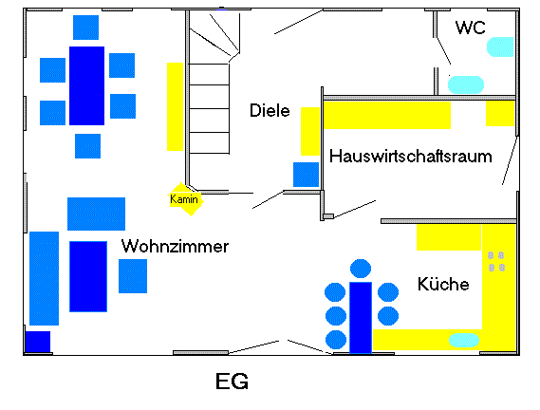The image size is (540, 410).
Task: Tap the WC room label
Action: [471, 28]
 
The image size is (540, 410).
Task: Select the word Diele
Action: [270, 110]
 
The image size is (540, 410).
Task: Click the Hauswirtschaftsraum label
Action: [411, 157]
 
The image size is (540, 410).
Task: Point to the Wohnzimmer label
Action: [175, 247]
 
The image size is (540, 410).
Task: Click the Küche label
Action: [442, 284]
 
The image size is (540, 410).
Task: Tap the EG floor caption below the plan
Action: [233, 382]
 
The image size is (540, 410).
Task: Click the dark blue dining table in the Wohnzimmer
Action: [86, 85]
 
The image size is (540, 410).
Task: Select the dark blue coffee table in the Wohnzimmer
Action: [87, 276]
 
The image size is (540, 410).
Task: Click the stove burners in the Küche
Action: [496, 261]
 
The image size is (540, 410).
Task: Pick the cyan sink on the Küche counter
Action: [464, 339]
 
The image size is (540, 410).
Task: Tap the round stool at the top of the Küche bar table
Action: [361, 269]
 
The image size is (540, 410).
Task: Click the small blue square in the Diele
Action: [306, 175]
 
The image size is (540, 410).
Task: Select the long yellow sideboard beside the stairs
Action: [175, 105]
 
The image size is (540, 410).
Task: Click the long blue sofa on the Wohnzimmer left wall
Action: [44, 278]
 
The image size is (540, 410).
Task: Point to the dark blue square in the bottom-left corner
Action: [37, 342]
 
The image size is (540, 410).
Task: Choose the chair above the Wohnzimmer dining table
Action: [86, 28]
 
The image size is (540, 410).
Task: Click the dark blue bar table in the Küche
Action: [361, 316]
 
